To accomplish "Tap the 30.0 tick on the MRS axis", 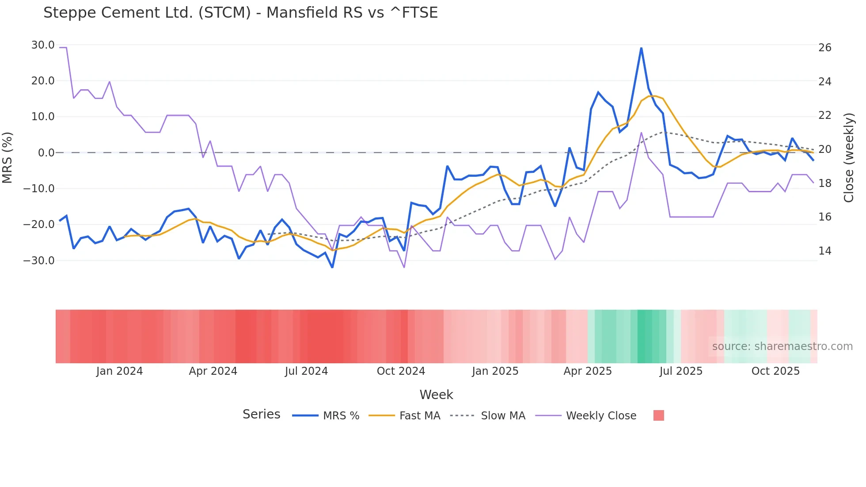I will pos(43,45).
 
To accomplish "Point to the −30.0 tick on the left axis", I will pos(39,260).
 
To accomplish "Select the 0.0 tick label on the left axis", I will pos(46,153).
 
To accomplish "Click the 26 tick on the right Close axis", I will pos(824,48).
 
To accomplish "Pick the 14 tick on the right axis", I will pos(824,251).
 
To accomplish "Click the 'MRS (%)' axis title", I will pos(7,157).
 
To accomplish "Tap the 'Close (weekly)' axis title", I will pos(848,158).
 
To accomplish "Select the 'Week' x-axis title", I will pos(436,395).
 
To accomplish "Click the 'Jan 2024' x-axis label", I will pos(119,371).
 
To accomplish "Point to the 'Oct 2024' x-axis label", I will pos(401,371).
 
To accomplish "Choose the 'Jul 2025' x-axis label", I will pos(681,371).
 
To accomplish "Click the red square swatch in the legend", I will pos(658,415).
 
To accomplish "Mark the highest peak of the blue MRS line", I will pos(641,48).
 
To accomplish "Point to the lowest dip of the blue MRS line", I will pos(332,267).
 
